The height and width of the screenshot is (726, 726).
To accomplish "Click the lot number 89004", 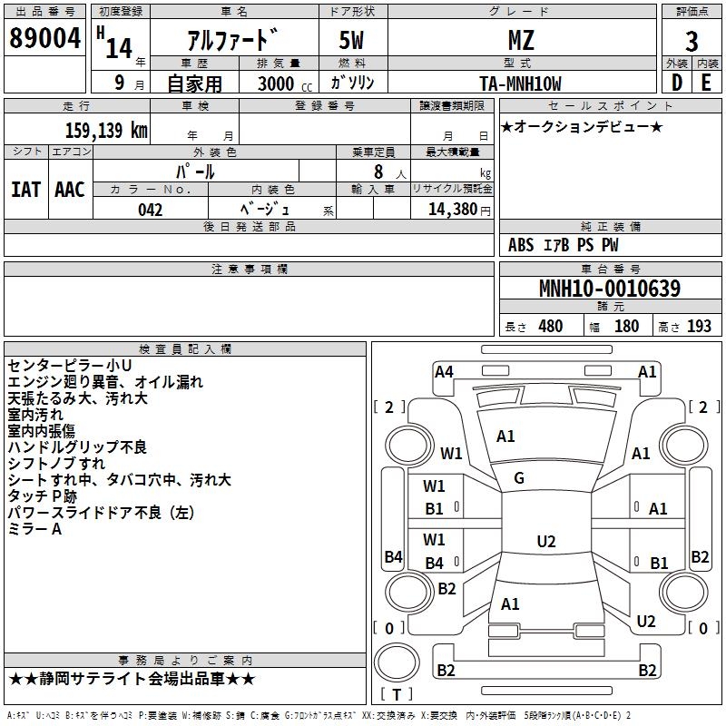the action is click(44, 38).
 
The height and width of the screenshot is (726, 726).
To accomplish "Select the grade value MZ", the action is click(521, 40).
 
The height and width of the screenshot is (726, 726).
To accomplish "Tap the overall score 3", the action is click(692, 42).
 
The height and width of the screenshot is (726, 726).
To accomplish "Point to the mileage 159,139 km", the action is click(106, 130).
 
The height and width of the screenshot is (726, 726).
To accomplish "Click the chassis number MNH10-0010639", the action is click(610, 289).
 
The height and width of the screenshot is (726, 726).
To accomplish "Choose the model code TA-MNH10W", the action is click(520, 83).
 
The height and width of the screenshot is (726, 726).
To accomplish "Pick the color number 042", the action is click(151, 210).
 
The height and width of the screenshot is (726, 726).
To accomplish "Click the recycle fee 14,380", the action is click(453, 210).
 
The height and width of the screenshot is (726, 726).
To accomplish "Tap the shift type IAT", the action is click(26, 190).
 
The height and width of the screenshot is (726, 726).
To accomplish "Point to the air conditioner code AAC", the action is click(70, 190).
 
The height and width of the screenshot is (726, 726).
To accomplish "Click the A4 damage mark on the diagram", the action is click(444, 372).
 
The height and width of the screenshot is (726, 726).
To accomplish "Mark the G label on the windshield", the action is click(519, 478).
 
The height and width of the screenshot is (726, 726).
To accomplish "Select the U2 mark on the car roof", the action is click(546, 541).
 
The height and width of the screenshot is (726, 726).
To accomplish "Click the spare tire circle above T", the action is click(397, 662).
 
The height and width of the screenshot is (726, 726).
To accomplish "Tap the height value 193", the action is click(699, 327).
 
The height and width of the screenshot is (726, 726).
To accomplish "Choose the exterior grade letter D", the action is click(677, 83).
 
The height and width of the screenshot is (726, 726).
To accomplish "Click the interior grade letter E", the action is click(706, 83).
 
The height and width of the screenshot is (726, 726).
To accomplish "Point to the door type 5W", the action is click(351, 40).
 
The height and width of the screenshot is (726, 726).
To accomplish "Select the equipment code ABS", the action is click(521, 245).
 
